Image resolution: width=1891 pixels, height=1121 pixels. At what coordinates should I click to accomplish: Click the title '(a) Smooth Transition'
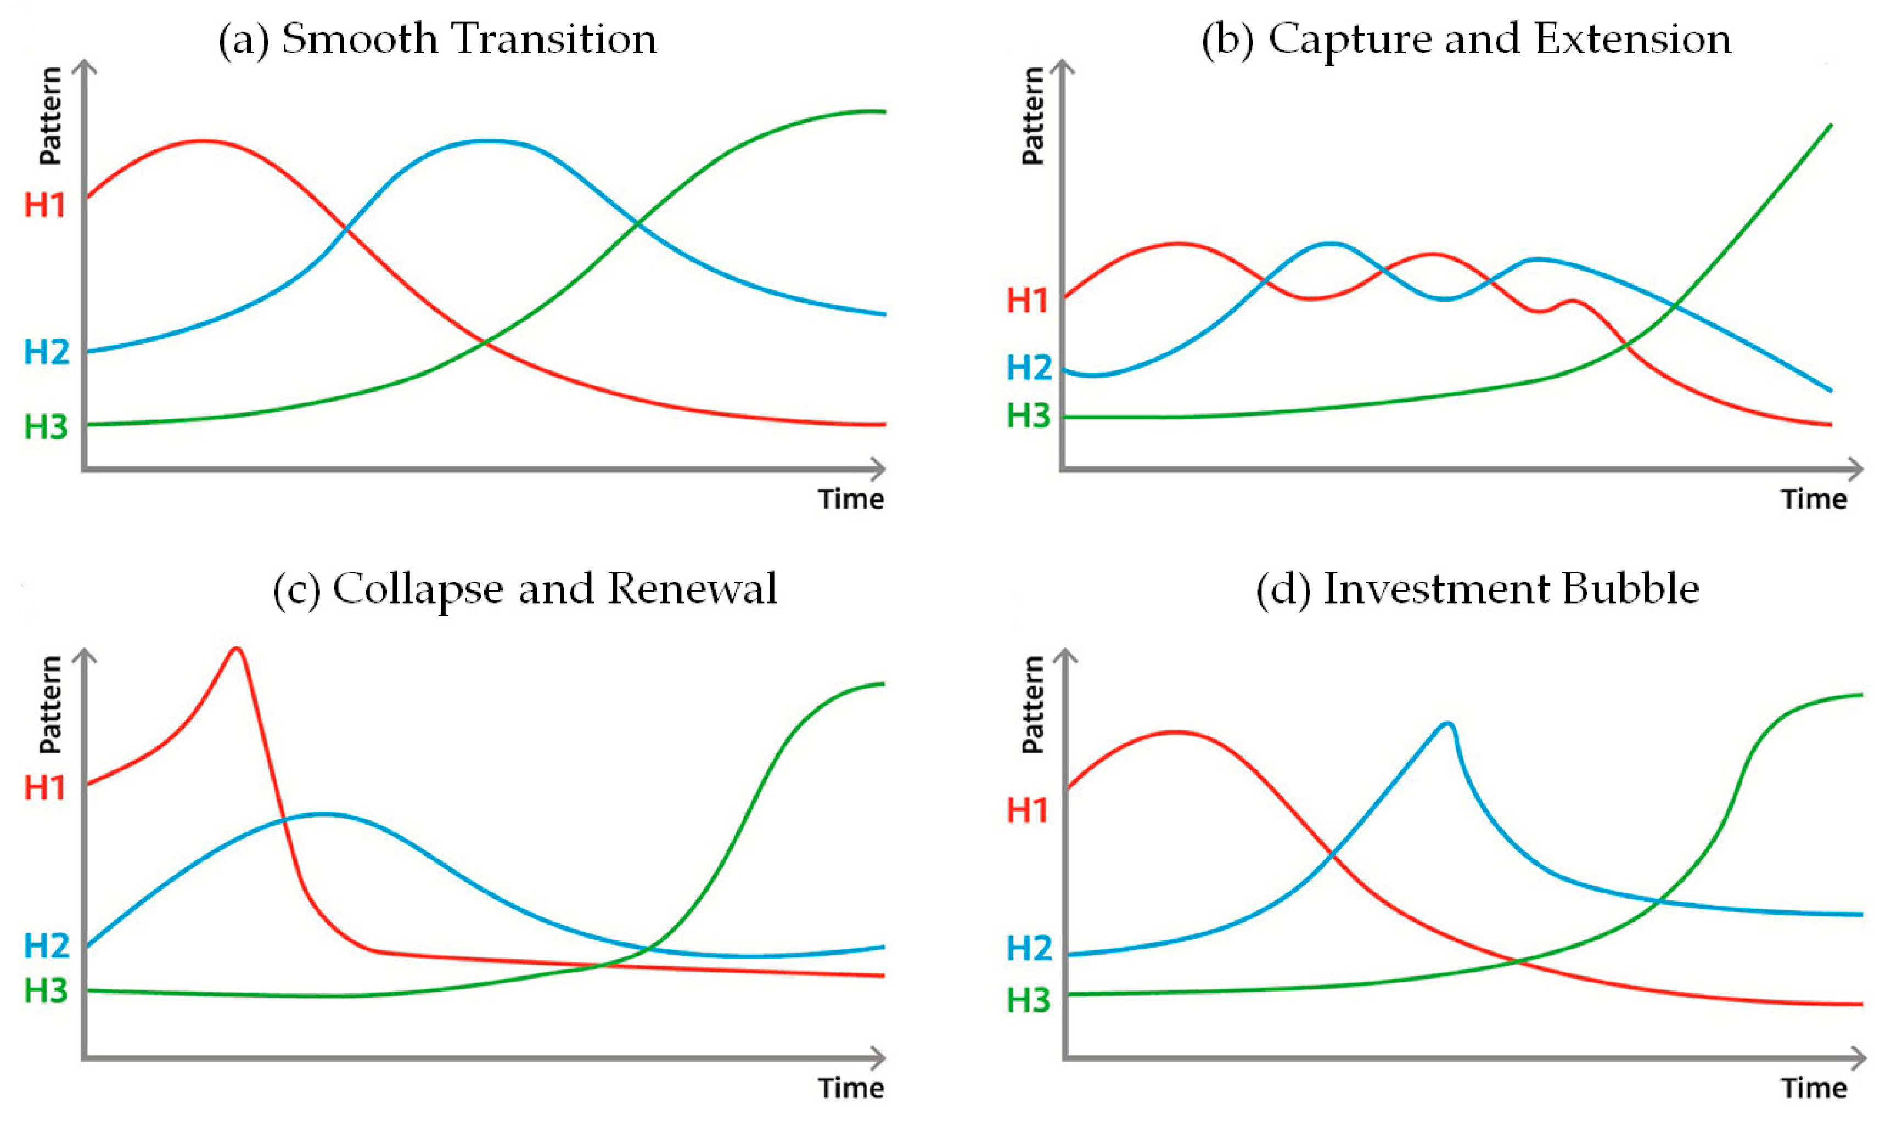(x=437, y=40)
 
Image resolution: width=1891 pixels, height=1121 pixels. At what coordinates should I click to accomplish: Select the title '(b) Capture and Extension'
(x=1466, y=40)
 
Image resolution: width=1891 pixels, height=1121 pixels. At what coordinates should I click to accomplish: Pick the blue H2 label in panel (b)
(x=1029, y=368)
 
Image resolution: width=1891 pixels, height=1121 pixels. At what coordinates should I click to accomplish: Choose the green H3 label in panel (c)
(x=46, y=990)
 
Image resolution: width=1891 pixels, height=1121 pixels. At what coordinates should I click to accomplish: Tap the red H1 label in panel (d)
(x=1028, y=810)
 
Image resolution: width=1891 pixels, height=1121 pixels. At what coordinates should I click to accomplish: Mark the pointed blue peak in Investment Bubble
(x=1447, y=724)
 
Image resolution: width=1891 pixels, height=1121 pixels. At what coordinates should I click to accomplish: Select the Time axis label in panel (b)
(x=1813, y=499)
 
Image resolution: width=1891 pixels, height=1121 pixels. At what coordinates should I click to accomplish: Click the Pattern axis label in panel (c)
(x=50, y=704)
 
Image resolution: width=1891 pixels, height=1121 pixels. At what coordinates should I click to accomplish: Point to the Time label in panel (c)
(x=851, y=1088)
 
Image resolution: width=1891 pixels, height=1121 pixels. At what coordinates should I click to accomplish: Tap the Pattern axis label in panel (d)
(x=1032, y=704)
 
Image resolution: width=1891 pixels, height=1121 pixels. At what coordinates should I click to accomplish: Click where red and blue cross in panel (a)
(x=345, y=227)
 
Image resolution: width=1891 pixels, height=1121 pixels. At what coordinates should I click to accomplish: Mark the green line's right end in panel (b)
(x=1830, y=126)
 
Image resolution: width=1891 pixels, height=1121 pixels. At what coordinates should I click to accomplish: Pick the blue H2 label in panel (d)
(x=1029, y=948)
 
